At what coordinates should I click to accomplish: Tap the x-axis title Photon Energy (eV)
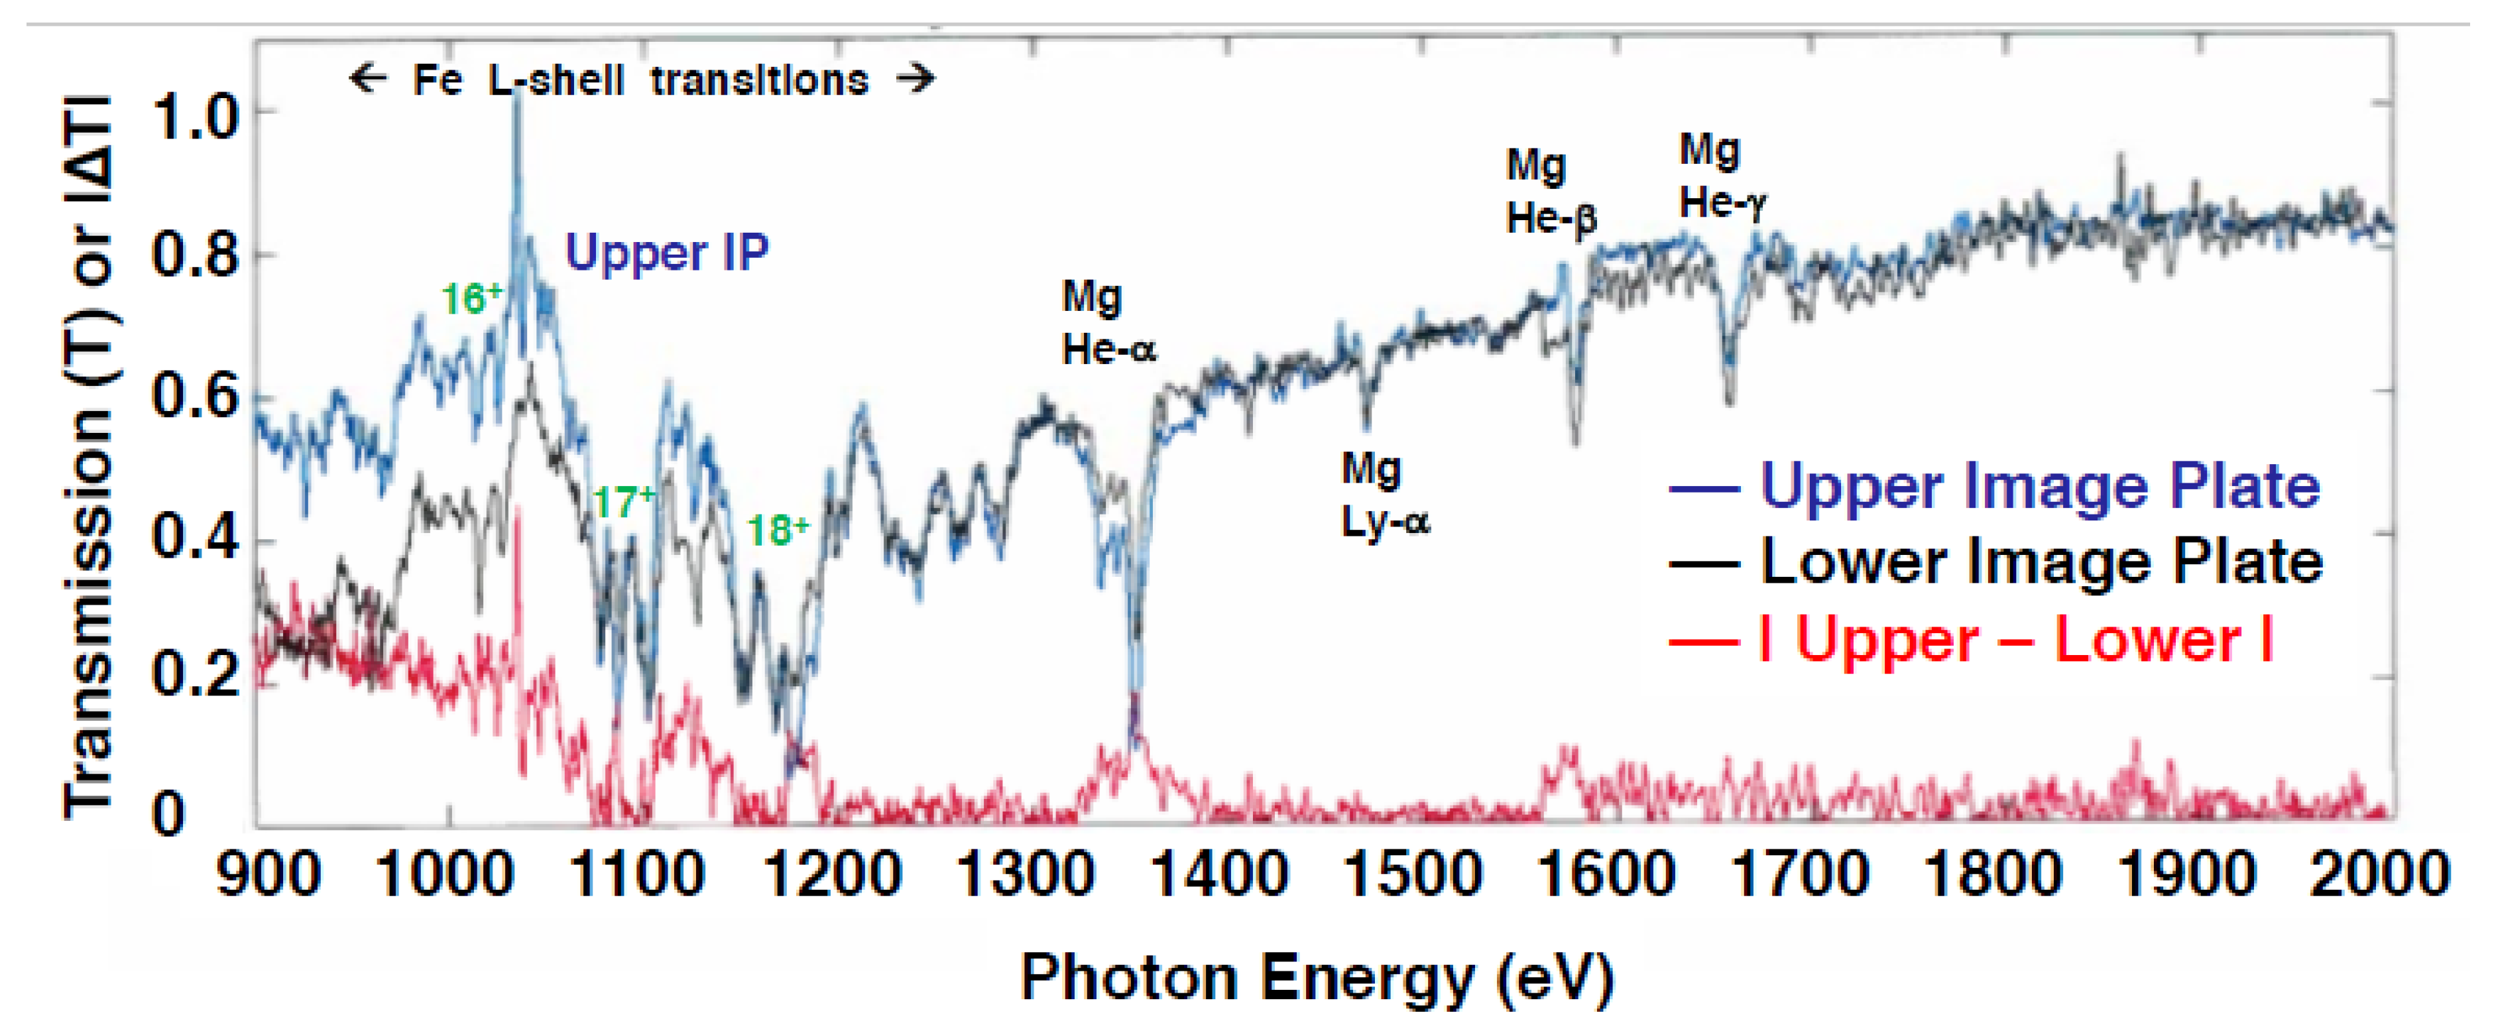[1317, 978]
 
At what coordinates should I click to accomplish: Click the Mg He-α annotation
[1108, 322]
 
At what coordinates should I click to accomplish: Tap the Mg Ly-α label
[1384, 495]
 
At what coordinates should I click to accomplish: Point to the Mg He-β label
[1550, 192]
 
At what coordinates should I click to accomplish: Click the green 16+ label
[471, 298]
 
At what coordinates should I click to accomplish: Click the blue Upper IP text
[667, 253]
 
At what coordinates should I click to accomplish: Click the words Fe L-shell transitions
[641, 80]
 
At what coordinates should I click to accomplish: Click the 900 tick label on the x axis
[268, 875]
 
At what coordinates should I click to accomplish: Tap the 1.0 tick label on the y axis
[195, 117]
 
